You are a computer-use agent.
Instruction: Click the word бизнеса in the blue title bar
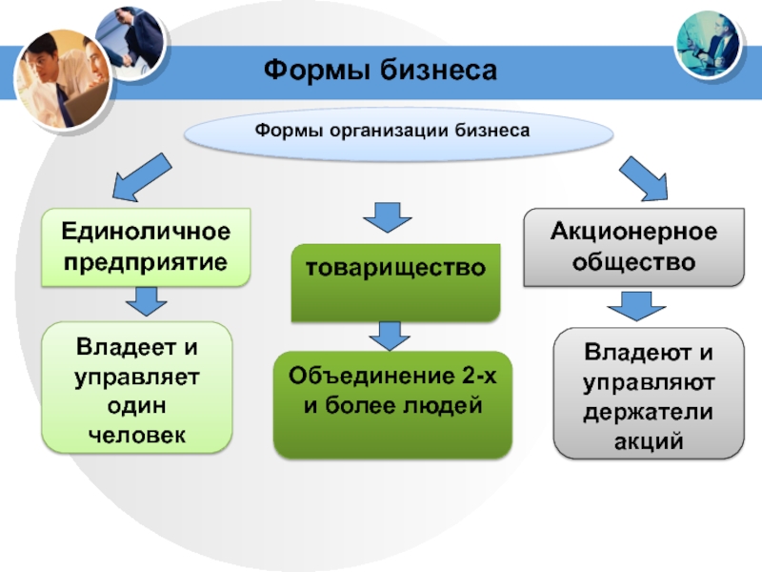pyautogui.click(x=438, y=70)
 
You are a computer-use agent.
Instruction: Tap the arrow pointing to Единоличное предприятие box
pyautogui.click(x=141, y=177)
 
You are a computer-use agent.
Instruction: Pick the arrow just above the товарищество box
pyautogui.click(x=388, y=217)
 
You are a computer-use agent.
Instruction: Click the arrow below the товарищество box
pyautogui.click(x=390, y=337)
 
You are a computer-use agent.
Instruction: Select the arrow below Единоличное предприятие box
pyautogui.click(x=147, y=301)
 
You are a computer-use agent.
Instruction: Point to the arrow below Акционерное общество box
pyautogui.click(x=636, y=306)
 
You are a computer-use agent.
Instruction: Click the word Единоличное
pyautogui.click(x=146, y=231)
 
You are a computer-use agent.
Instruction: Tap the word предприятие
pyautogui.click(x=146, y=263)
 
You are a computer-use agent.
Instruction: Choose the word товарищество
pyautogui.click(x=395, y=268)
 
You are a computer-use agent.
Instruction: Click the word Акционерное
pyautogui.click(x=633, y=231)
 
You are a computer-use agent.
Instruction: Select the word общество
pyautogui.click(x=633, y=262)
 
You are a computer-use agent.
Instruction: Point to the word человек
pyautogui.click(x=137, y=436)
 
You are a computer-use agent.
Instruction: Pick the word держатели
pyautogui.click(x=649, y=413)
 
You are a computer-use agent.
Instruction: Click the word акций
pyautogui.click(x=649, y=441)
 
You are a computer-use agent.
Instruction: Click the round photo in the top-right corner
pyautogui.click(x=708, y=45)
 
